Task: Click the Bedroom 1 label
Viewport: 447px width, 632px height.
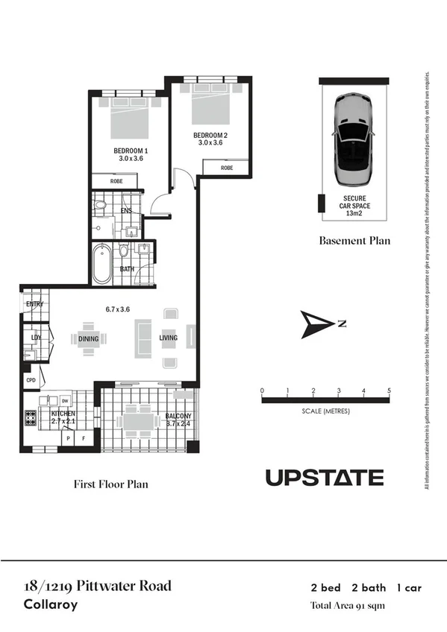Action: (x=128, y=151)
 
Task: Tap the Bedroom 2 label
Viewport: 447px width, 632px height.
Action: (x=210, y=135)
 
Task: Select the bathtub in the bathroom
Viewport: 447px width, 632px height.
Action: (x=101, y=264)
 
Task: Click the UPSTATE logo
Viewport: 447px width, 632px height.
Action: (x=325, y=478)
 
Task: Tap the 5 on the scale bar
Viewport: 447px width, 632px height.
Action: (x=389, y=391)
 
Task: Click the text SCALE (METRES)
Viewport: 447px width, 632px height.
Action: (x=325, y=411)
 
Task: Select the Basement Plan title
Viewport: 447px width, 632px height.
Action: (x=354, y=241)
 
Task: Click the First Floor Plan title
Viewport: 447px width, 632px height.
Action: (x=110, y=484)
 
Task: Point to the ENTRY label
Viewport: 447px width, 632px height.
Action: (x=34, y=304)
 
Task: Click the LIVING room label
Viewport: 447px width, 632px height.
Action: (x=169, y=338)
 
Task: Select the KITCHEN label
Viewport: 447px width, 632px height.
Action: (x=63, y=413)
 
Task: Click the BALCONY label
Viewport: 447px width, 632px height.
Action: (x=178, y=416)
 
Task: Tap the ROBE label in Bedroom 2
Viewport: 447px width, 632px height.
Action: (x=227, y=168)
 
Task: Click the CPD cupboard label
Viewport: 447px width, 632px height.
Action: (x=31, y=379)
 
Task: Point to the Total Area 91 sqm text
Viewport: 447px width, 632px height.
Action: (x=348, y=605)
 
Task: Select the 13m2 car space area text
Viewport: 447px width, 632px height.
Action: (x=354, y=214)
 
